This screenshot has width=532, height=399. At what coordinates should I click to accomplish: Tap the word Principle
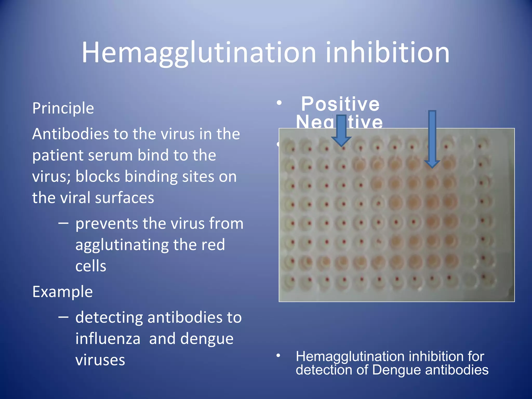pyautogui.click(x=63, y=108)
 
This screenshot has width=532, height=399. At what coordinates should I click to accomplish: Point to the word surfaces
pyautogui.click(x=124, y=198)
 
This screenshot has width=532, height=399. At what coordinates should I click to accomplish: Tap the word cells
pyautogui.click(x=91, y=266)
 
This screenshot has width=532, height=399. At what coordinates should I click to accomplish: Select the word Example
pyautogui.click(x=63, y=292)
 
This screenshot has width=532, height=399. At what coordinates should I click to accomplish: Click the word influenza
pyautogui.click(x=108, y=339)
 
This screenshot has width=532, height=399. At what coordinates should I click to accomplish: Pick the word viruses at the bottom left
pyautogui.click(x=100, y=360)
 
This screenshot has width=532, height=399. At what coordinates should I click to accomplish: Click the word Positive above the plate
pyautogui.click(x=340, y=104)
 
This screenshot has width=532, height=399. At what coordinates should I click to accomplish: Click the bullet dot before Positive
pyautogui.click(x=279, y=103)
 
